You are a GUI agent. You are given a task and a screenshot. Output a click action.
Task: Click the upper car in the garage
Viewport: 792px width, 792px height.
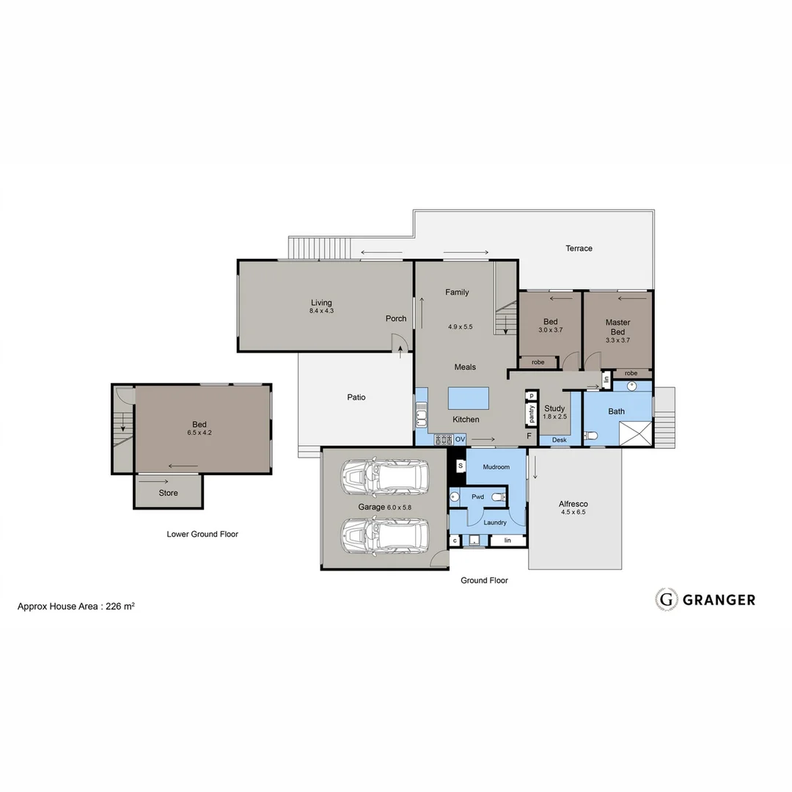tap(384, 478)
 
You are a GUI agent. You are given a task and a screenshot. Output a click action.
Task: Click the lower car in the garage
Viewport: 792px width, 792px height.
tap(384, 535)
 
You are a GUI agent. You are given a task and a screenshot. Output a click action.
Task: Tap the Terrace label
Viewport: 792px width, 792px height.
tap(579, 249)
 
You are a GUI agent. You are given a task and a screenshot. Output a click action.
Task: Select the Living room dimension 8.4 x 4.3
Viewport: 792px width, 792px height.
tap(321, 311)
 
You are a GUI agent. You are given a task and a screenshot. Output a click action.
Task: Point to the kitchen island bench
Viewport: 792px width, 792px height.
tap(469, 399)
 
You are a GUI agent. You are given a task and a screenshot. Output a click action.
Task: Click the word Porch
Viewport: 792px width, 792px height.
tap(396, 318)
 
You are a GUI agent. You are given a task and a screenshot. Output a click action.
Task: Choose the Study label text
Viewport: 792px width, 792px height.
tap(554, 408)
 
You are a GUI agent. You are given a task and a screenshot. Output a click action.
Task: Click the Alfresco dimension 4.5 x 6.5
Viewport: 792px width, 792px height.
tap(573, 513)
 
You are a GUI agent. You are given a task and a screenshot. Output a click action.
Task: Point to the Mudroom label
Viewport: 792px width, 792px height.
tap(496, 466)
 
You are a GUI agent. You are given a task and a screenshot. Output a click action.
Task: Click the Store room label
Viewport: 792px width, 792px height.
tap(168, 493)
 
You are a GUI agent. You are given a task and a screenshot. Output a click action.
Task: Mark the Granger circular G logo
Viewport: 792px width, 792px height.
tap(666, 599)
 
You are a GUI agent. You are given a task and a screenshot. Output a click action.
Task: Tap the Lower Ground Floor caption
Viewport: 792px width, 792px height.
tap(202, 534)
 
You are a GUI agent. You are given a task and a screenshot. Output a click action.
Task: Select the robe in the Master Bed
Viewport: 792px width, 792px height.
tap(631, 373)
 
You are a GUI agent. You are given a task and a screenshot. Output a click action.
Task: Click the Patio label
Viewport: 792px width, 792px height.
tap(356, 397)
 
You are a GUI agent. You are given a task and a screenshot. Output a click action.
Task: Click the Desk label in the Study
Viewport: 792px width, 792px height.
tap(559, 440)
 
